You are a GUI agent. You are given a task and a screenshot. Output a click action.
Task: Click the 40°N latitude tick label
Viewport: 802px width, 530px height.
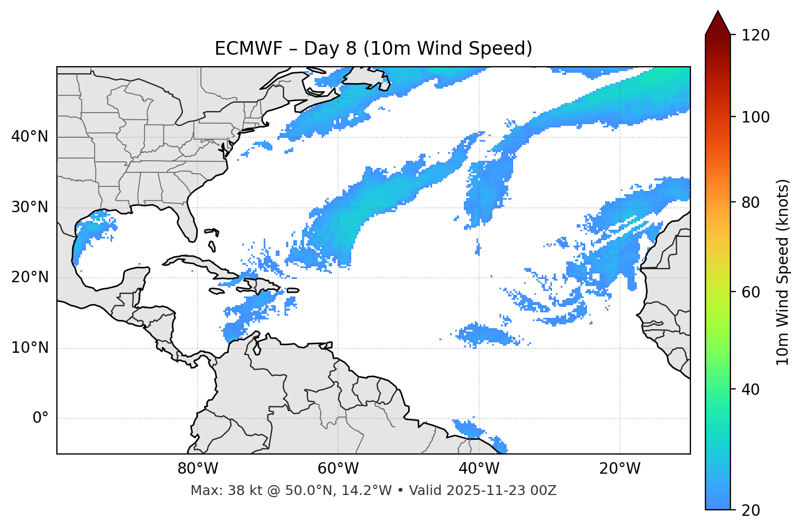coord(30,137)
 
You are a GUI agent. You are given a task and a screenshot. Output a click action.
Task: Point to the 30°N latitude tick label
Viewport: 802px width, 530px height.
coord(30,207)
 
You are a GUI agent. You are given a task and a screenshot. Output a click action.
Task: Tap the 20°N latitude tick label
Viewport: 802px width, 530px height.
coord(30,277)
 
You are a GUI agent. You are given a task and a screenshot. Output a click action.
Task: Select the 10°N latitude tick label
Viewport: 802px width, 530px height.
coord(30,348)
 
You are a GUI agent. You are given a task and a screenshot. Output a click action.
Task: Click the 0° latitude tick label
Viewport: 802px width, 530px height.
coord(40,418)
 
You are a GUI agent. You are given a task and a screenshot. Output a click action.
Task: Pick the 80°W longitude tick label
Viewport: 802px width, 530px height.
coord(197,469)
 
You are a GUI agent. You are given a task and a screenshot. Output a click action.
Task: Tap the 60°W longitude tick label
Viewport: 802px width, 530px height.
coord(338,469)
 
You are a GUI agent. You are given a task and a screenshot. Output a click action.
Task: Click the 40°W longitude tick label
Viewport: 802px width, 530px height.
coord(479,469)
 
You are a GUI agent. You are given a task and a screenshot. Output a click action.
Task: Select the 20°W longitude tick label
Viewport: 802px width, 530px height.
coord(619,469)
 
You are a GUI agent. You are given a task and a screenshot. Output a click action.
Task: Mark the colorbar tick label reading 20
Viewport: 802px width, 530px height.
coord(751,510)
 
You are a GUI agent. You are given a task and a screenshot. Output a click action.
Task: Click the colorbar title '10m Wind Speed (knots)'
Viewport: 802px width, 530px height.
coord(783,272)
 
